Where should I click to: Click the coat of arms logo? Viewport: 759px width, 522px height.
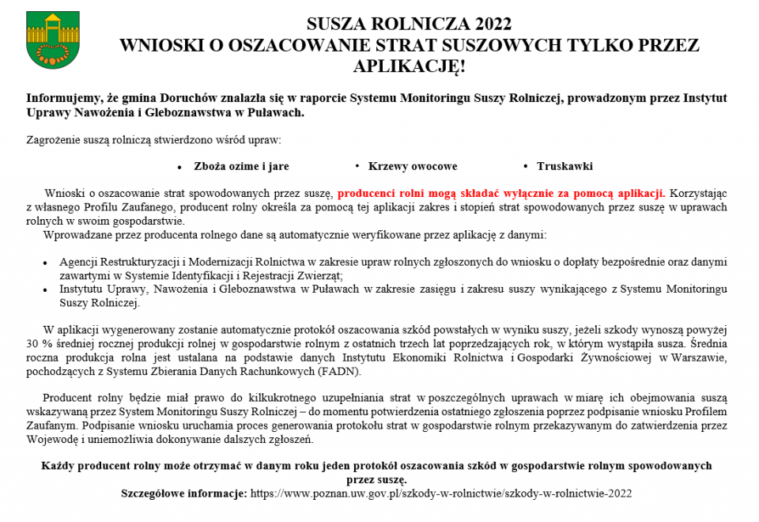47,40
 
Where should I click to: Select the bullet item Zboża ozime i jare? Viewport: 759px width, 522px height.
242,167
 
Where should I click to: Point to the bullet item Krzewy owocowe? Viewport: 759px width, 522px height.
413,167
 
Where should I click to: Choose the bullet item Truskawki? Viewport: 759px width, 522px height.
565,167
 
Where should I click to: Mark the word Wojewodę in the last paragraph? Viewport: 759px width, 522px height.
48,440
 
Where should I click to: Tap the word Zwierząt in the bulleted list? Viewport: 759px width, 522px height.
320,275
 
